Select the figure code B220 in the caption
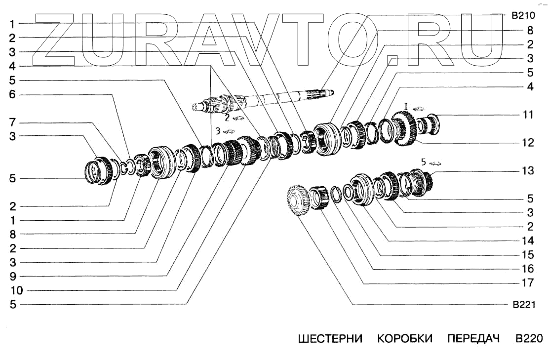[x=529, y=339]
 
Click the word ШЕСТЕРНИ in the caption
[x=330, y=339]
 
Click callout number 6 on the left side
[x=12, y=94]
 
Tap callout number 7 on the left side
[x=12, y=122]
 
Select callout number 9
[x=12, y=276]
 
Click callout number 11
[x=528, y=115]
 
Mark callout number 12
[x=528, y=143]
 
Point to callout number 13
[x=528, y=171]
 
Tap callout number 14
[x=528, y=241]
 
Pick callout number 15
[x=528, y=255]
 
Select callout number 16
[x=528, y=269]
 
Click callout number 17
[x=528, y=283]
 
